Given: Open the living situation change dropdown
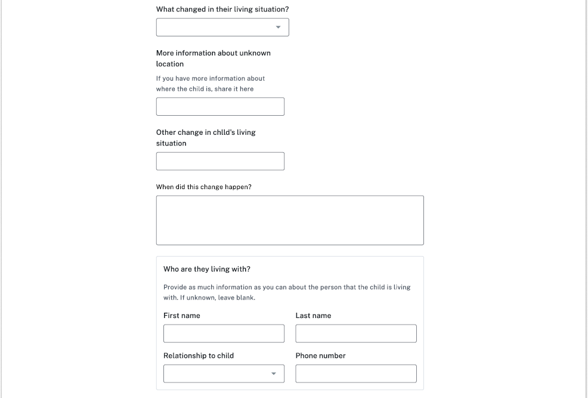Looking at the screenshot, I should tap(222, 27).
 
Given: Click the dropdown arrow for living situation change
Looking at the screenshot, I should tap(278, 27).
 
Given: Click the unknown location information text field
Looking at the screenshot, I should tap(220, 106).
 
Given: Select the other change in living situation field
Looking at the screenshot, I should tap(220, 161).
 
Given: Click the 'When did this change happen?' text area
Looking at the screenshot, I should tap(290, 220).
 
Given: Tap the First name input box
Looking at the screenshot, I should tap(224, 334).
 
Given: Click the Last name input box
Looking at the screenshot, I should tap(356, 334).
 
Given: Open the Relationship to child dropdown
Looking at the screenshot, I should tap(224, 374).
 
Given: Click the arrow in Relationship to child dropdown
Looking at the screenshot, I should tap(274, 374).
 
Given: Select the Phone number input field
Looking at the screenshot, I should tap(356, 374).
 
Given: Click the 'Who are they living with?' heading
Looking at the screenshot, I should tap(207, 269).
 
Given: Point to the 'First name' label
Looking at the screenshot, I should tap(182, 316).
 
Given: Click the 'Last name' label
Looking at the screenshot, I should tap(313, 316).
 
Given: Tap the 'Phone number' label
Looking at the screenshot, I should tap(320, 356).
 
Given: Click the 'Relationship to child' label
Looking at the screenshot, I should tap(199, 356).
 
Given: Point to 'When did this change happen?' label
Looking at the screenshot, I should tap(204, 187).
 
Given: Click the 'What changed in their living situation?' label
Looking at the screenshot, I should tap(222, 10).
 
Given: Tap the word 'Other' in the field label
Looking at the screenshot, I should tap(166, 132).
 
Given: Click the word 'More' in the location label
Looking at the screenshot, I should tap(165, 53).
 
